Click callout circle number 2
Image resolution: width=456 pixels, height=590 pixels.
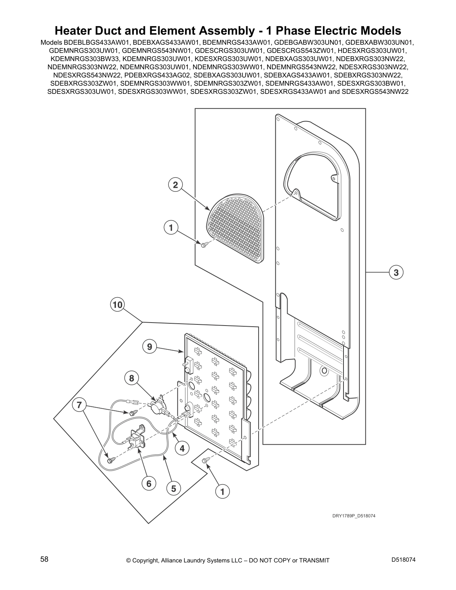[x=175, y=185]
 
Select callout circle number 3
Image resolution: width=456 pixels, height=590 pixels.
[x=396, y=273]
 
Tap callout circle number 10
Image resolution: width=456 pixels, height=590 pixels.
[x=117, y=305]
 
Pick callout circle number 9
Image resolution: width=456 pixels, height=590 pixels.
[x=149, y=347]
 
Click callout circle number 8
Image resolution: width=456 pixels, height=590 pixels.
[x=132, y=378]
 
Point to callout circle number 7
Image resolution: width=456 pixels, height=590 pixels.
[x=79, y=405]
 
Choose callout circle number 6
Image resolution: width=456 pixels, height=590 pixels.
[x=149, y=483]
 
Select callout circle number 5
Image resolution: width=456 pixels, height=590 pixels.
[x=174, y=488]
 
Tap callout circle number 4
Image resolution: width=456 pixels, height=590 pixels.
[x=182, y=448]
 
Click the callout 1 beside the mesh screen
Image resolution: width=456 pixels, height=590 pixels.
[x=171, y=228]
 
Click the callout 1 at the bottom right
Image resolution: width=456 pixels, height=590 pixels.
[x=222, y=492]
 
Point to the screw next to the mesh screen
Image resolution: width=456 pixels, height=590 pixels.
[x=203, y=245]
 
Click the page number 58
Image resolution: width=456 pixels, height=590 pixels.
[x=44, y=559]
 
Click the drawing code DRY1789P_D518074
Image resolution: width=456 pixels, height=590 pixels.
[x=352, y=516]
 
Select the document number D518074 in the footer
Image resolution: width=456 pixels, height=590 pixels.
[x=403, y=559]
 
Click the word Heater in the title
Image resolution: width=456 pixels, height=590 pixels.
[x=75, y=30]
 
